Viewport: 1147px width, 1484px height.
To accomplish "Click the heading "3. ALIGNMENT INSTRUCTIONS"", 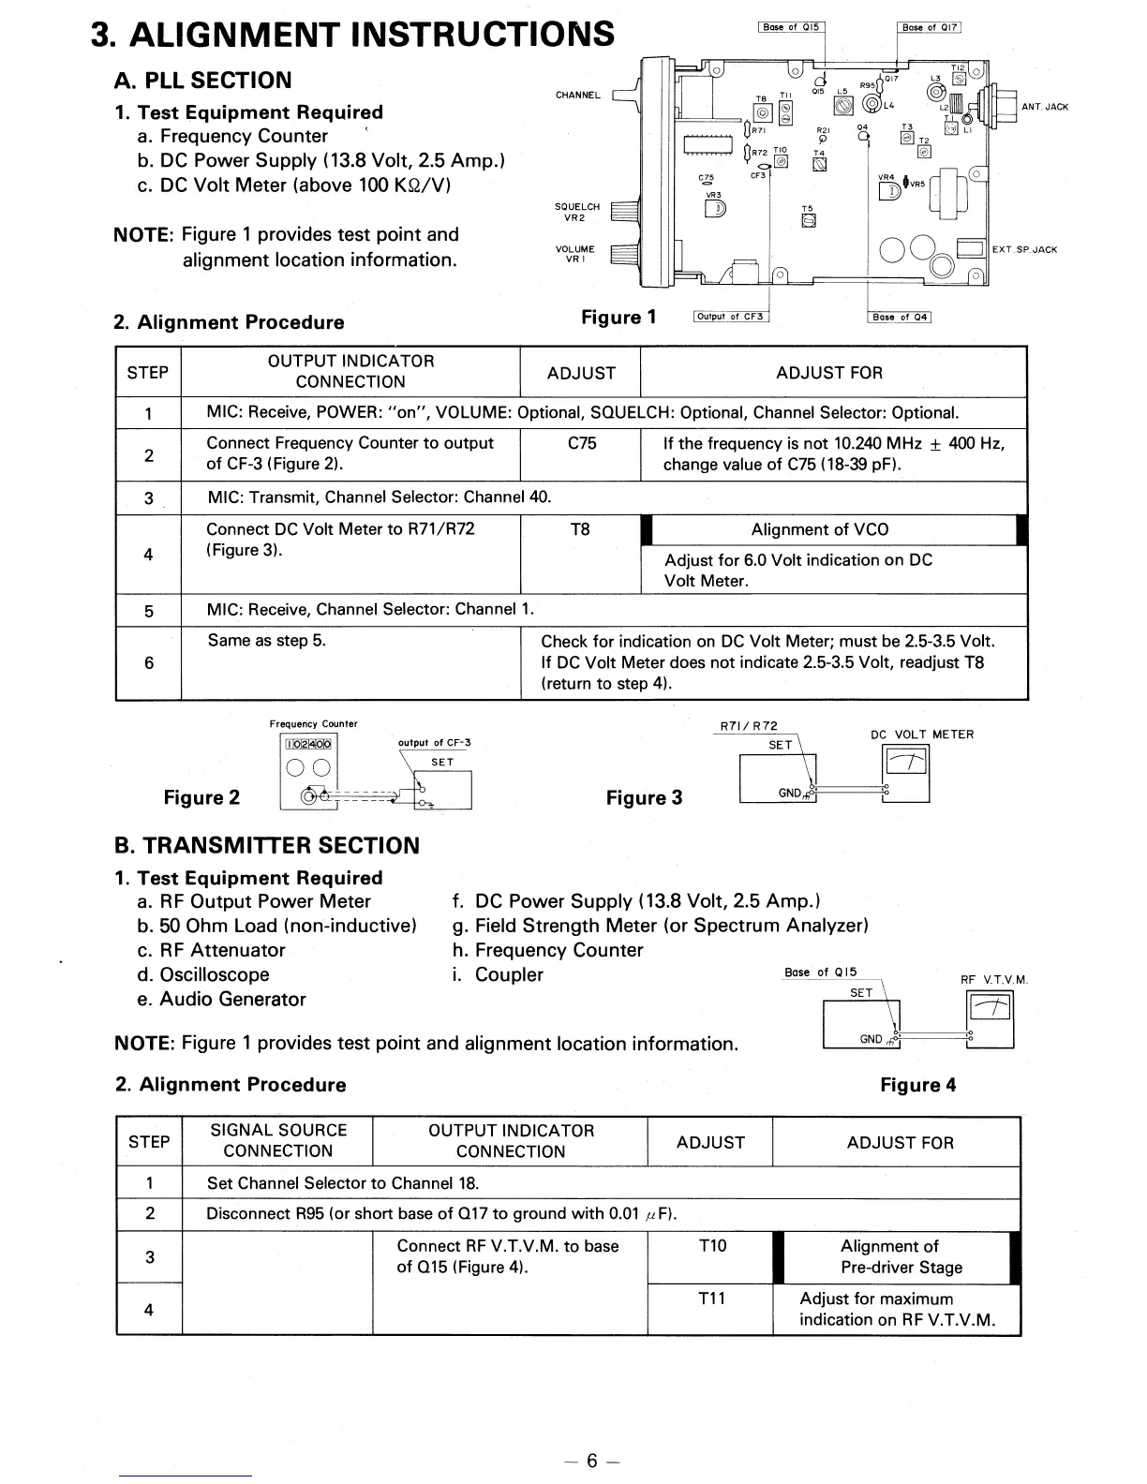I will click(353, 35).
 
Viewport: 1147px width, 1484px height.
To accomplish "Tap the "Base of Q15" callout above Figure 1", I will click(791, 27).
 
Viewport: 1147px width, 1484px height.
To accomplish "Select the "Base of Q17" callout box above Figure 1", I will click(929, 27).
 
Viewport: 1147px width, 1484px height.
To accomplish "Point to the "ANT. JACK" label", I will click(1045, 107).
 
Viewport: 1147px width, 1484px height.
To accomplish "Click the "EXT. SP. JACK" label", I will click(1024, 249).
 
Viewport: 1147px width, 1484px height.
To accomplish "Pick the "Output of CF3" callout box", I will click(731, 316).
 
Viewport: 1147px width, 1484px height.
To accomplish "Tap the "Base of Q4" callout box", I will click(900, 317).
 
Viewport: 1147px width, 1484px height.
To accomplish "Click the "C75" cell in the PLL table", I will click(581, 443).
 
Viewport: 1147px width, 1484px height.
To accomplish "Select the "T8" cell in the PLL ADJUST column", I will click(580, 529).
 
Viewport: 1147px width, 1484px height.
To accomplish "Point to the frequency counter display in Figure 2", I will click(309, 745).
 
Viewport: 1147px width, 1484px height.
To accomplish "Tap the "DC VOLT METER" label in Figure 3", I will click(922, 735).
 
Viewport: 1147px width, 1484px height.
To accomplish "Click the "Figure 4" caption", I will click(918, 1085).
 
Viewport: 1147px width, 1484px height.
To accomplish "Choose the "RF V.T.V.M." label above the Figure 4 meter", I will click(994, 980).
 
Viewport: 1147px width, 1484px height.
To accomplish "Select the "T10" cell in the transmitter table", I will click(712, 1245).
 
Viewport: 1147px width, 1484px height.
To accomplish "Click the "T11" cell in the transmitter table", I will click(712, 1298).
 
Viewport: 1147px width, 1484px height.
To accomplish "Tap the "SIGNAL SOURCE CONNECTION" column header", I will click(278, 1141).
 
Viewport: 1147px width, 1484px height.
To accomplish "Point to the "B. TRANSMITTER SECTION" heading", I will click(267, 845).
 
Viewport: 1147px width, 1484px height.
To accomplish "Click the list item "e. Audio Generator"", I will click(221, 999).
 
